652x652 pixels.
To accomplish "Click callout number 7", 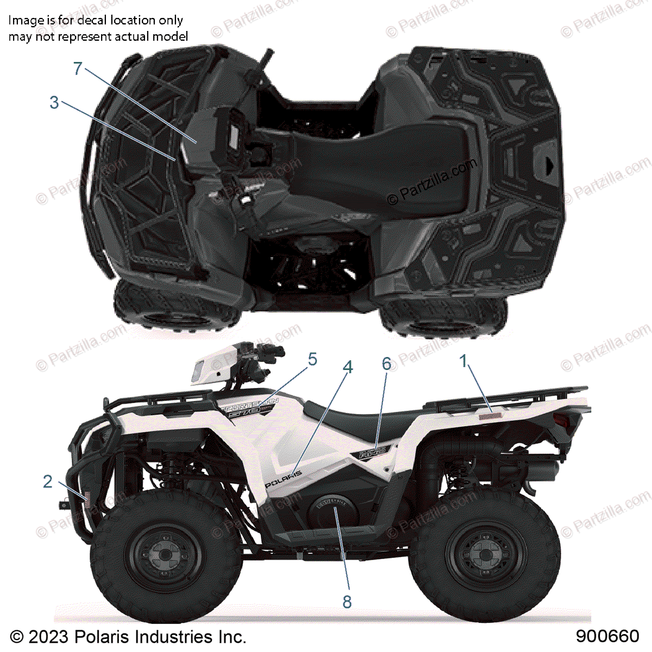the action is click(78, 69).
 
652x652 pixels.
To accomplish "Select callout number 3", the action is click(54, 102).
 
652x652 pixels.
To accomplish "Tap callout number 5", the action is click(312, 359).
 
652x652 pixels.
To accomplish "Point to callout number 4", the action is click(348, 367).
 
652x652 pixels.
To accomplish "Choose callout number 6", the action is click(386, 363).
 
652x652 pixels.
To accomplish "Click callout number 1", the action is click(463, 361).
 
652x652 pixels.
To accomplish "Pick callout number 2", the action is click(48, 481).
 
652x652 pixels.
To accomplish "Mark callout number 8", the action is click(347, 601).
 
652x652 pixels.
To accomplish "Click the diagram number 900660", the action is click(607, 636).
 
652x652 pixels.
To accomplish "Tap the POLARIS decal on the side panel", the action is click(283, 478).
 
